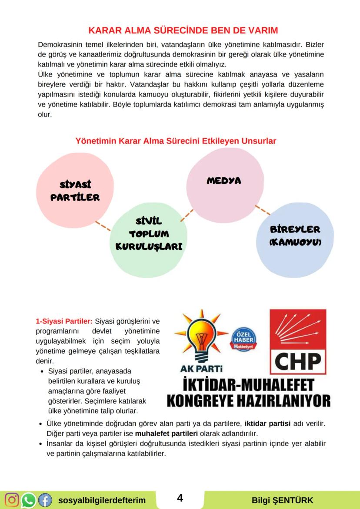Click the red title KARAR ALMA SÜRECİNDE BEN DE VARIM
coord(183,30)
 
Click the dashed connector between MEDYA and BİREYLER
coord(262,210)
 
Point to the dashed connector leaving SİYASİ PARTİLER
coord(103,226)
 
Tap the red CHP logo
coord(298,341)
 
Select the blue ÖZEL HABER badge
coord(243,339)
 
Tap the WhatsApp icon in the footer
coord(28,500)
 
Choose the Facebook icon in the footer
coord(45,500)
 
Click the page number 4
coord(180,498)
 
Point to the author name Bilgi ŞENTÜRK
coord(282,500)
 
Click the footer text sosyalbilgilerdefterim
coord(102,500)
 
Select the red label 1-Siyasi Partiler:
coord(64,322)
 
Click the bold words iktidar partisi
coord(267,423)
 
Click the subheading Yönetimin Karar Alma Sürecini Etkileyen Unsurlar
coord(176,141)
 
